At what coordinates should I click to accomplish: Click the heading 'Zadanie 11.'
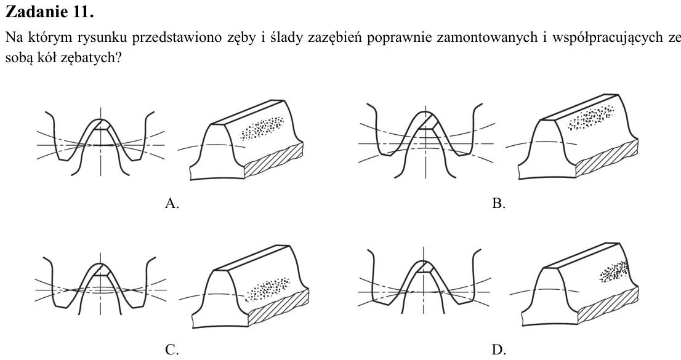coord(49,12)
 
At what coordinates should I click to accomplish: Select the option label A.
coord(172,203)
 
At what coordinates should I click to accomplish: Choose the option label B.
coord(499,203)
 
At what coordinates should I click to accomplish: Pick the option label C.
coord(172,349)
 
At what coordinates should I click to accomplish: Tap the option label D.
coord(499,349)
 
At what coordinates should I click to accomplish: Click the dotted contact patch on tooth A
coord(262,127)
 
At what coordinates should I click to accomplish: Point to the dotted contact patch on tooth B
coord(590,117)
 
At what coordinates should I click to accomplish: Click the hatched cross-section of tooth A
coord(274,160)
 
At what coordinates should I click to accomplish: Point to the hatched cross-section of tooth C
coord(279,306)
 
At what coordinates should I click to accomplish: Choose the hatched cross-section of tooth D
coord(609,305)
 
